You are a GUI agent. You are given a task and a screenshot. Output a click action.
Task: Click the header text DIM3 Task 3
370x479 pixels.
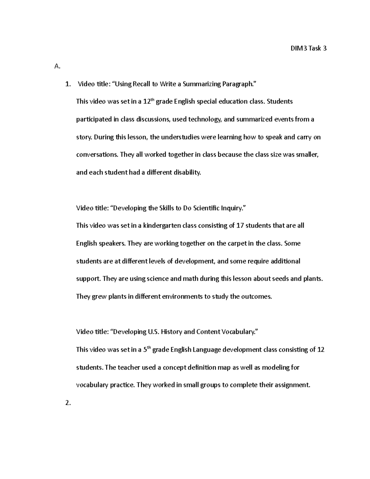308,48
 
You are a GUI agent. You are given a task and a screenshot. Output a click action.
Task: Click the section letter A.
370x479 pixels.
56,66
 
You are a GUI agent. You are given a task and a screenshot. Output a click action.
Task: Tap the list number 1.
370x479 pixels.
68,84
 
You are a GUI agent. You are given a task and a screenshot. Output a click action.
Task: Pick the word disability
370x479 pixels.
187,172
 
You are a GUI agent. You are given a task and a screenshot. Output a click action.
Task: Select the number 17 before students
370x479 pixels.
240,226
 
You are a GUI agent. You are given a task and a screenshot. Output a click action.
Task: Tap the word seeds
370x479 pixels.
282,279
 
